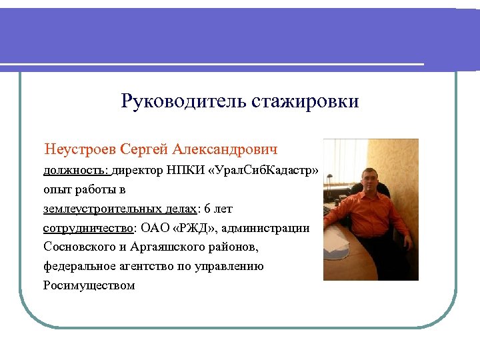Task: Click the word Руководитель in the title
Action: tap(184, 101)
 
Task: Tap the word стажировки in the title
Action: tap(305, 101)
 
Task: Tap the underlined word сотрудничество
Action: tap(88, 228)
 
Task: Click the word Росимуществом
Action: tap(89, 286)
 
